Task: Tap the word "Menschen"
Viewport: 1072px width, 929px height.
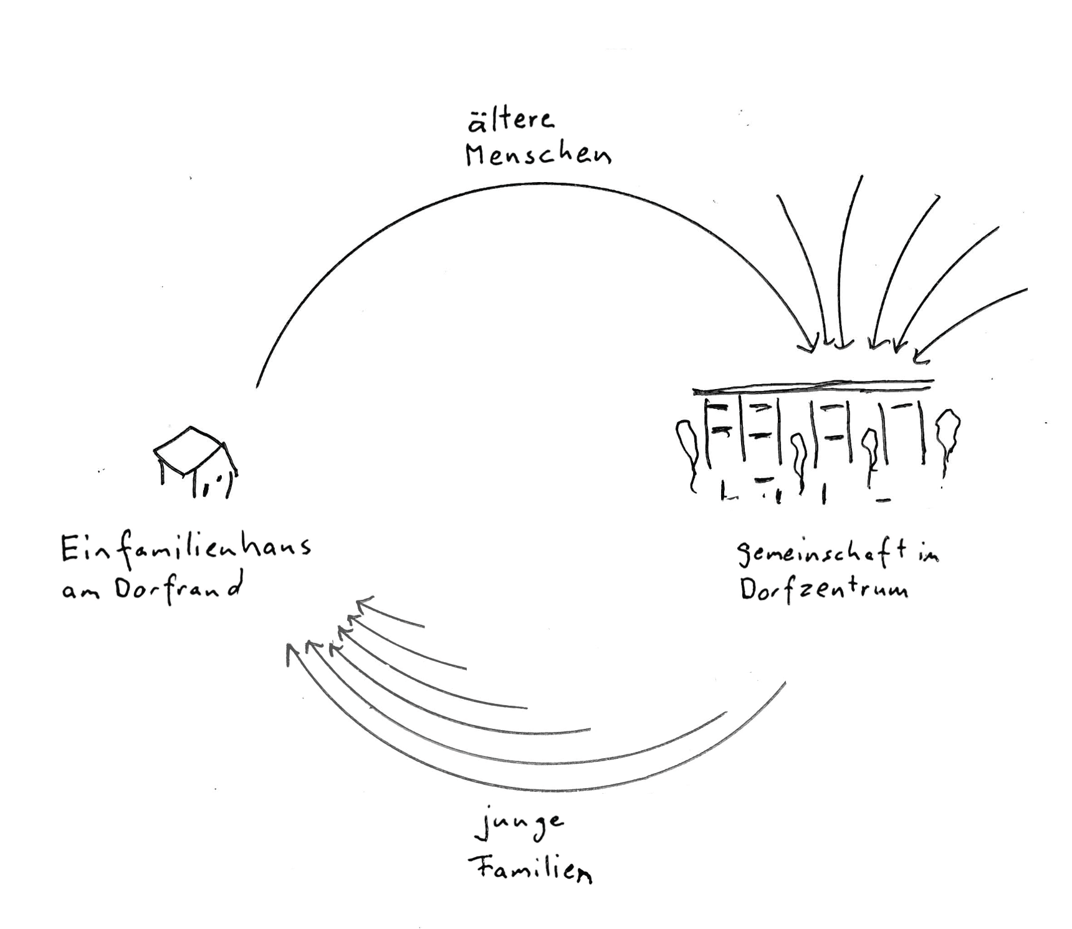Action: click(x=538, y=155)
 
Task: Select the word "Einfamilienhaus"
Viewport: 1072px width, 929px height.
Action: click(x=186, y=550)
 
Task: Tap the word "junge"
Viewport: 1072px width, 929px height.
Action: click(x=520, y=826)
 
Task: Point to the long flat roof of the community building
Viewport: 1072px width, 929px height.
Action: click(x=813, y=387)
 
